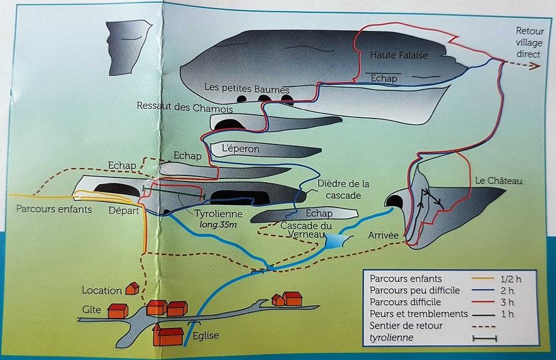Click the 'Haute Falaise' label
pos(398,55)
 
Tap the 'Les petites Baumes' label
pos(246,88)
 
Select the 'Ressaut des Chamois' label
pos(185,107)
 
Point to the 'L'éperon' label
pos(240,149)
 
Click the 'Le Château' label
pos(499,181)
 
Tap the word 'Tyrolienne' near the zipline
pos(219,214)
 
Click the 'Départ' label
pos(124,211)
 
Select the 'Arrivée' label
pos(383,235)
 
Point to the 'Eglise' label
pos(206,335)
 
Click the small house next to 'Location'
pos(133,288)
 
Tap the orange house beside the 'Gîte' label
pos(118,311)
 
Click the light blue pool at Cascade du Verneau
pos(335,241)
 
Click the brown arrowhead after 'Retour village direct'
pos(535,65)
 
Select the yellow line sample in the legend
pos(483,278)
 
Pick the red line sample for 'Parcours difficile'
pos(483,302)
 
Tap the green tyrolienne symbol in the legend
pos(485,338)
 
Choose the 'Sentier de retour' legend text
pos(406,325)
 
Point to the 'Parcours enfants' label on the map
pos(54,209)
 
